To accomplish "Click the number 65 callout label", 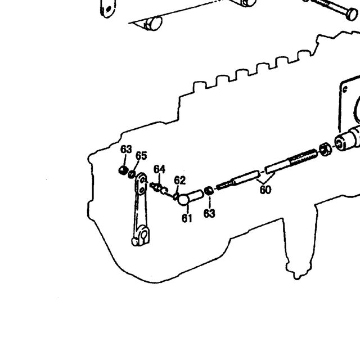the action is (141, 156).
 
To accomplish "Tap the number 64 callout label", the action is (159, 169).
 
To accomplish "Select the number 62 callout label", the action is (180, 181).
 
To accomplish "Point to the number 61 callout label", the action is (187, 218).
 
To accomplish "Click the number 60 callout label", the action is (265, 190).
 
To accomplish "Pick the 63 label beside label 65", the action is (126, 150).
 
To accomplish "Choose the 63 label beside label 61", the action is (209, 214).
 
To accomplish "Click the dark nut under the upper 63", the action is (123, 170).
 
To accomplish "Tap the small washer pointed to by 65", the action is (132, 174).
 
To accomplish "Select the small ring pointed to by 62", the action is (176, 196).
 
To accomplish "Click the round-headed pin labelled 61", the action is (190, 197).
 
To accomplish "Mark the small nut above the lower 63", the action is (209, 191).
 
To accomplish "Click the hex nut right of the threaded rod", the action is (325, 149).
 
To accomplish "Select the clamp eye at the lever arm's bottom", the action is (141, 236).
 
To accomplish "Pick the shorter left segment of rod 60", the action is (237, 180).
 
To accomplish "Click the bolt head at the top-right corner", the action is (353, 14).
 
